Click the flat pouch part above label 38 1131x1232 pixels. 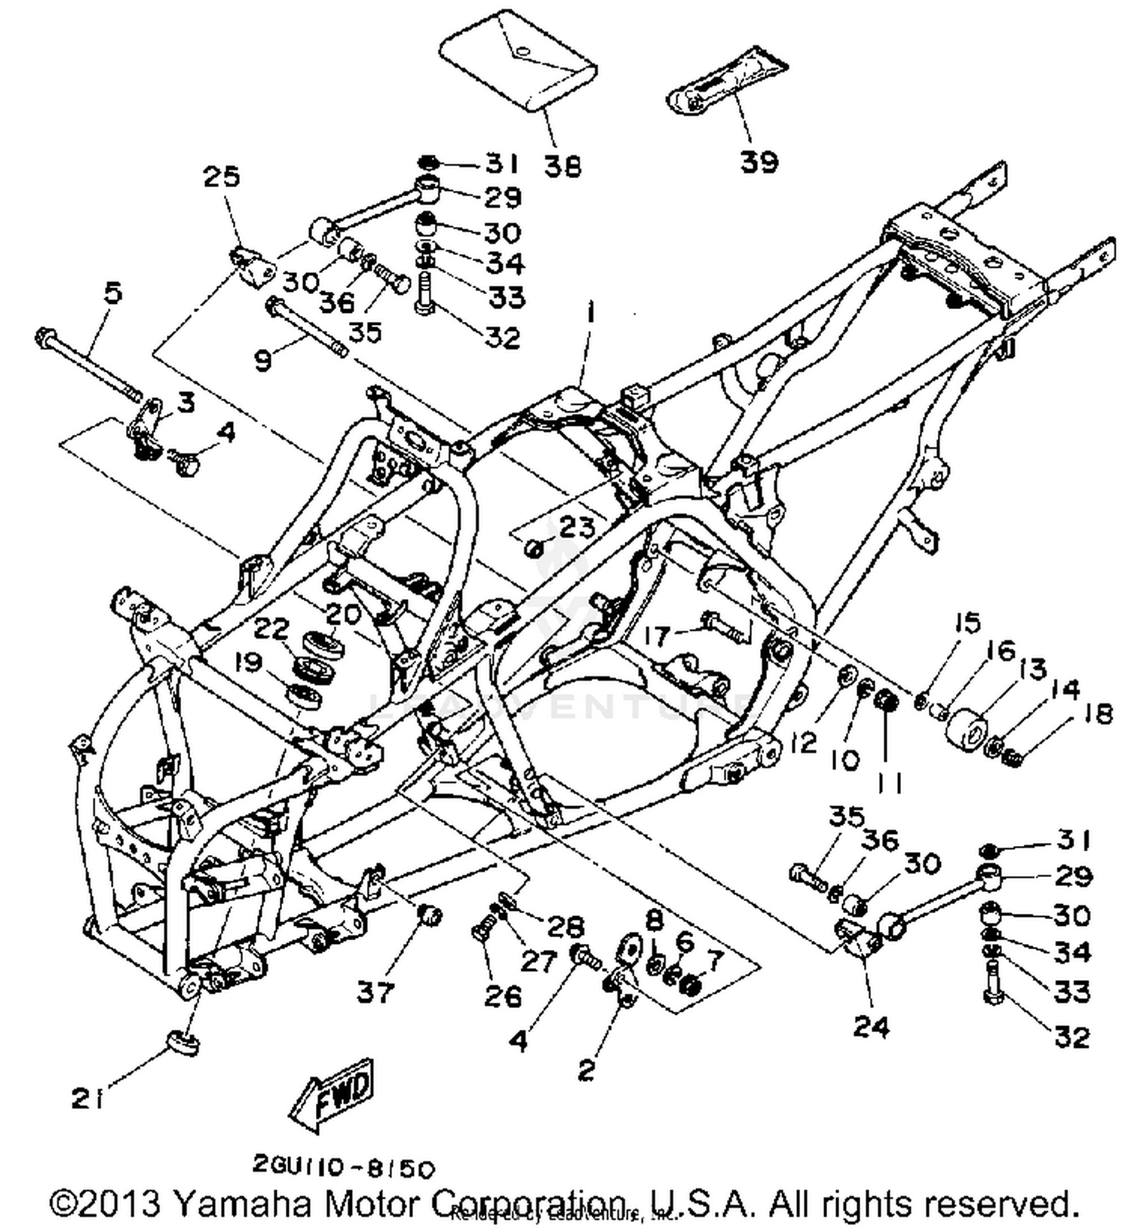coord(519,62)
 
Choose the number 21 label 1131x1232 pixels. coord(87,1100)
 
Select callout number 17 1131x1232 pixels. coord(657,635)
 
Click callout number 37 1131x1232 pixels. coord(375,992)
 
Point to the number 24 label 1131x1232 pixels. coord(871,1027)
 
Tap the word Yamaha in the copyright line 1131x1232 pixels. coord(242,1203)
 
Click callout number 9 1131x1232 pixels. coord(263,361)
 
